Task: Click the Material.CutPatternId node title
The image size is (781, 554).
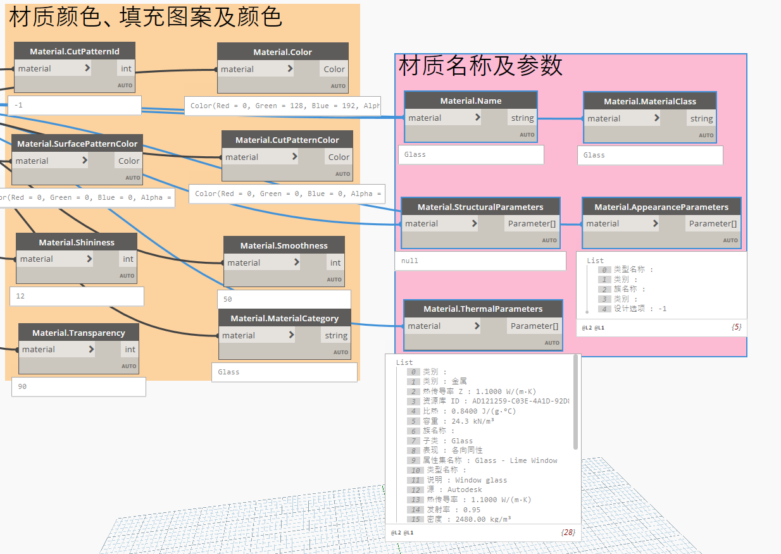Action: click(x=75, y=51)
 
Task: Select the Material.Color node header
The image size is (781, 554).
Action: click(x=282, y=52)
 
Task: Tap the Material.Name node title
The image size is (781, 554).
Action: click(x=470, y=101)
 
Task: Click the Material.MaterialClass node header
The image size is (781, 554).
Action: click(x=649, y=101)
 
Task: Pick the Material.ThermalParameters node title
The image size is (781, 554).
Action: click(x=482, y=309)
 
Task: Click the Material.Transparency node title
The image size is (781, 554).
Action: click(x=78, y=333)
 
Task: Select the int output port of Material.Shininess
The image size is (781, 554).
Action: click(x=128, y=259)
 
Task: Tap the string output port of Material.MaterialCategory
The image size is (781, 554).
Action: click(x=335, y=336)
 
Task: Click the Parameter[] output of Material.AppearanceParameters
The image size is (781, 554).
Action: click(x=712, y=223)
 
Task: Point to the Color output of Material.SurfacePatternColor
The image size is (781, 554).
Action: click(x=128, y=161)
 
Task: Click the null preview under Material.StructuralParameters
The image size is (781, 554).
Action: click(x=410, y=261)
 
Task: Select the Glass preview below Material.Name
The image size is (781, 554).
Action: click(x=415, y=154)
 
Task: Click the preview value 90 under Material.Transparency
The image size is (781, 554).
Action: click(x=23, y=386)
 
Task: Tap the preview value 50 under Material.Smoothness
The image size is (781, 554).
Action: click(x=228, y=299)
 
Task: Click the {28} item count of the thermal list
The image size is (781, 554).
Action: click(x=568, y=533)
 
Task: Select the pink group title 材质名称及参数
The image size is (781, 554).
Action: click(x=480, y=66)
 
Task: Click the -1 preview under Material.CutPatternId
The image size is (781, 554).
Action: click(x=18, y=105)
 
